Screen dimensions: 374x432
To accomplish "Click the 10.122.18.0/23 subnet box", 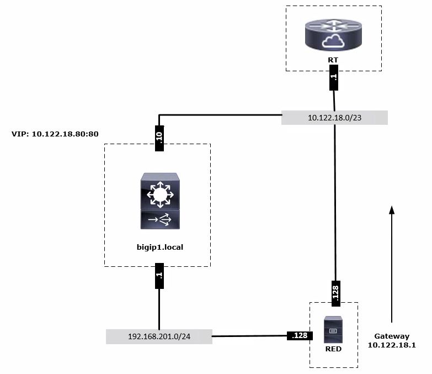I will click(334, 118).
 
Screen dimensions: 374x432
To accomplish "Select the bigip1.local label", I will click(159, 247).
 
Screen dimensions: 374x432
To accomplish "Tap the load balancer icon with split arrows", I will click(159, 220).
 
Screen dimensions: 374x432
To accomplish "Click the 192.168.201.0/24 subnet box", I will click(159, 336).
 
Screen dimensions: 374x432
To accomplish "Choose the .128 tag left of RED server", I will click(299, 335).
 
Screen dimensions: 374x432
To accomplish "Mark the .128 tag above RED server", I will click(334, 292).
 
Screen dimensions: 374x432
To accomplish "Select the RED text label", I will click(333, 349).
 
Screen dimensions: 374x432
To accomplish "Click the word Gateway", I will click(392, 336).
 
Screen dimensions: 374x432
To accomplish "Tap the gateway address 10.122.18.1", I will click(392, 345).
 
